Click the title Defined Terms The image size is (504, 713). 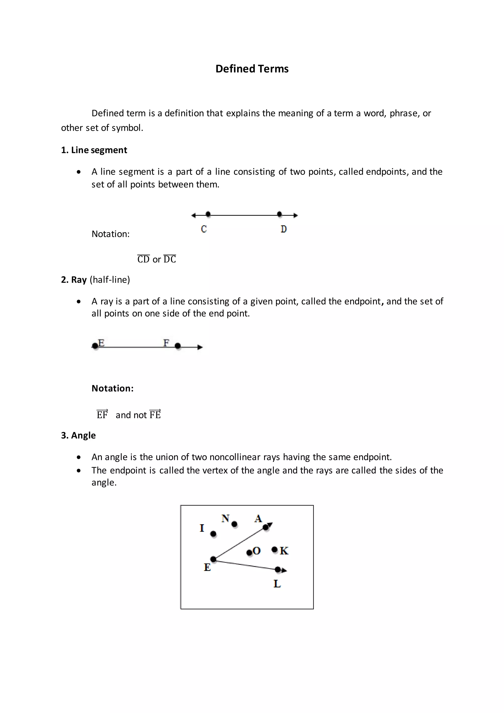click(x=252, y=69)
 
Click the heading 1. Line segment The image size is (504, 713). click(x=94, y=150)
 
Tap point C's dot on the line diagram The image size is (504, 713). click(x=208, y=214)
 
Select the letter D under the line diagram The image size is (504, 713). click(x=283, y=229)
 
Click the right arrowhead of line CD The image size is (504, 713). click(x=296, y=215)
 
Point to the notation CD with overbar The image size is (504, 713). click(x=143, y=259)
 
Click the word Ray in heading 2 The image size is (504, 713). click(x=79, y=279)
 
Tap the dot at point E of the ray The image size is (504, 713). click(x=95, y=346)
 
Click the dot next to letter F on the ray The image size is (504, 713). click(x=177, y=346)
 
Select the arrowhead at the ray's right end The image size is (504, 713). click(x=200, y=347)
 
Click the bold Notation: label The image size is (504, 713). click(x=112, y=388)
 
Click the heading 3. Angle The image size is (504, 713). click(x=78, y=435)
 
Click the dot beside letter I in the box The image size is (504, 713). click(x=213, y=534)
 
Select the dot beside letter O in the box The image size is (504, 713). click(x=249, y=552)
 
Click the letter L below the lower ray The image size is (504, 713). click(x=277, y=584)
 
